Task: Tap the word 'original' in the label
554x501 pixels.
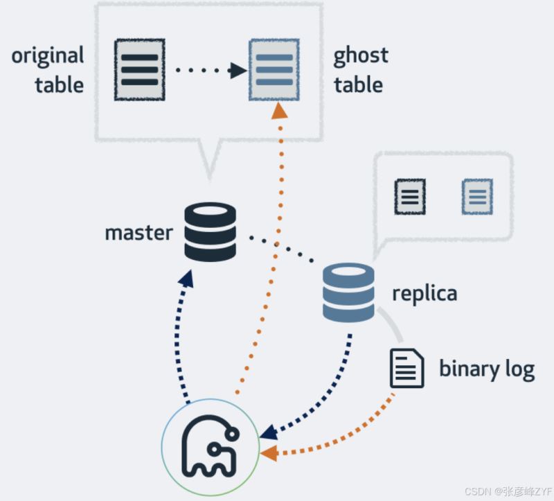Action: pyautogui.click(x=47, y=55)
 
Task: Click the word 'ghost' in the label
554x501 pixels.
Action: pyautogui.click(x=361, y=55)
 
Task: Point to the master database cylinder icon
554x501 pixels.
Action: pyautogui.click(x=211, y=231)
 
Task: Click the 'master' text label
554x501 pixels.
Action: pyautogui.click(x=138, y=232)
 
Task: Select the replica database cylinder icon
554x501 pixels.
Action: pyautogui.click(x=348, y=292)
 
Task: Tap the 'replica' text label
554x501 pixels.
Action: pyautogui.click(x=425, y=293)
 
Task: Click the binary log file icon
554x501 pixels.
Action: pyautogui.click(x=406, y=368)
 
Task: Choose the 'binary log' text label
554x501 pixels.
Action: pyautogui.click(x=487, y=369)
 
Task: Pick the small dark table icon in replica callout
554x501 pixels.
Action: pyautogui.click(x=410, y=196)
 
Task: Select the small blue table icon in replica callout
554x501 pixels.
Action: pyautogui.click(x=477, y=196)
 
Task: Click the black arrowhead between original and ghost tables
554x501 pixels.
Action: pyautogui.click(x=238, y=69)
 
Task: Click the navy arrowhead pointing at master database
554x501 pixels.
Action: pyautogui.click(x=186, y=280)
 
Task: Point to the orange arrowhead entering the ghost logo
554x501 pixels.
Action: pyautogui.click(x=269, y=454)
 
